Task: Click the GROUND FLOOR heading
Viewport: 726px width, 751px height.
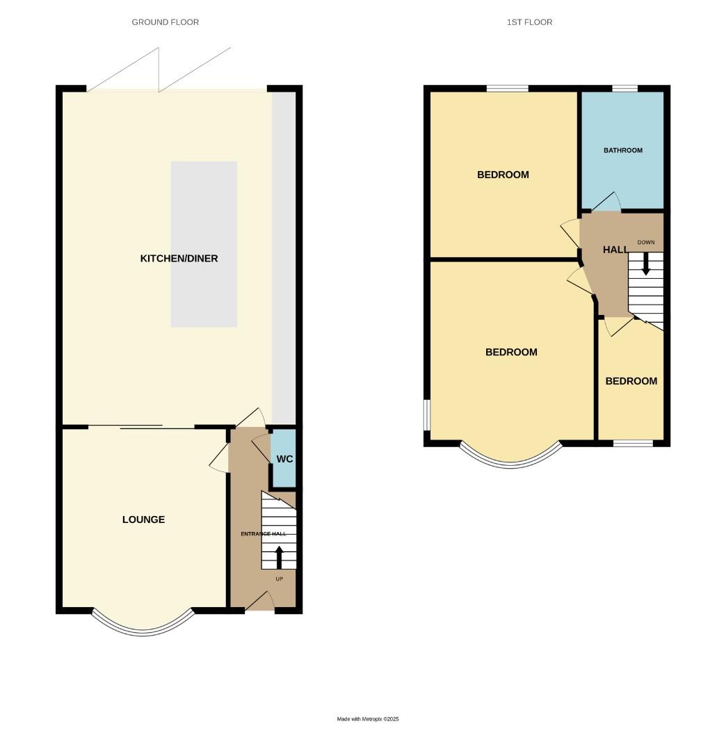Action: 166,22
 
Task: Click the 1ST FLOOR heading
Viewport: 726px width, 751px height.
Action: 529,22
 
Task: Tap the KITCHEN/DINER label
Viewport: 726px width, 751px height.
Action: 179,259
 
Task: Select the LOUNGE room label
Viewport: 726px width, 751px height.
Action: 143,519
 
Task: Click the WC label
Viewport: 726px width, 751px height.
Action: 284,460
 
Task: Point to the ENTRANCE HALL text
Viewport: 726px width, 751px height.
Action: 264,534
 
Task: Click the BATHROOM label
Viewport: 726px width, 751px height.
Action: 622,150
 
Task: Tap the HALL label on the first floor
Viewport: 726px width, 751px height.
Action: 615,250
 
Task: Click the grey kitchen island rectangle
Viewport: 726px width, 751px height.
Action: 204,244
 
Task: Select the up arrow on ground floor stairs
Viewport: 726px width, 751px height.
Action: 280,557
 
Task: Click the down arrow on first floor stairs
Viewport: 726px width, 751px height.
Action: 646,264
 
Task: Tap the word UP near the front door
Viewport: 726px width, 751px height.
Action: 279,579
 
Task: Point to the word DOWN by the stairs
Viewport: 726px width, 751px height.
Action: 646,242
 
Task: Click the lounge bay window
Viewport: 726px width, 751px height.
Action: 143,626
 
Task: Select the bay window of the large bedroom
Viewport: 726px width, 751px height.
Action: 510,459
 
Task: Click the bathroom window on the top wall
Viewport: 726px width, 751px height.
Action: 624,88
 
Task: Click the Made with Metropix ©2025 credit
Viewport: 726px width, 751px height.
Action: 368,719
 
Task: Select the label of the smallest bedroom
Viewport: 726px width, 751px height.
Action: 631,381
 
